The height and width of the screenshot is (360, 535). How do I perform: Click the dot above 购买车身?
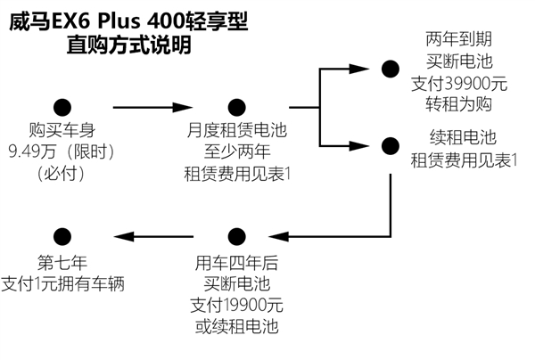(x=62, y=107)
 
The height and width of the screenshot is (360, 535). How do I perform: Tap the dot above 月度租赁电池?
(x=236, y=107)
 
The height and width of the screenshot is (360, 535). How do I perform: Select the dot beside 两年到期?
(x=390, y=68)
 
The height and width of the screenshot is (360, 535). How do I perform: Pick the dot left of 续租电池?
(x=390, y=145)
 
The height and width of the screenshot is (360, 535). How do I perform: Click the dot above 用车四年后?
(x=236, y=236)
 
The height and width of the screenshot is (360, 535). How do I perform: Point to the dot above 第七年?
(x=62, y=236)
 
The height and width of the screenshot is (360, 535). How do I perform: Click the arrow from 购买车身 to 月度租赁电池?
(x=148, y=107)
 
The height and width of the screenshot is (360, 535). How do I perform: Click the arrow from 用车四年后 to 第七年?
(x=148, y=236)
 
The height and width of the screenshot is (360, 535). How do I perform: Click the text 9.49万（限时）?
(x=62, y=152)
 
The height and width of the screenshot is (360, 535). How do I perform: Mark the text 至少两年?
(x=236, y=152)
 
